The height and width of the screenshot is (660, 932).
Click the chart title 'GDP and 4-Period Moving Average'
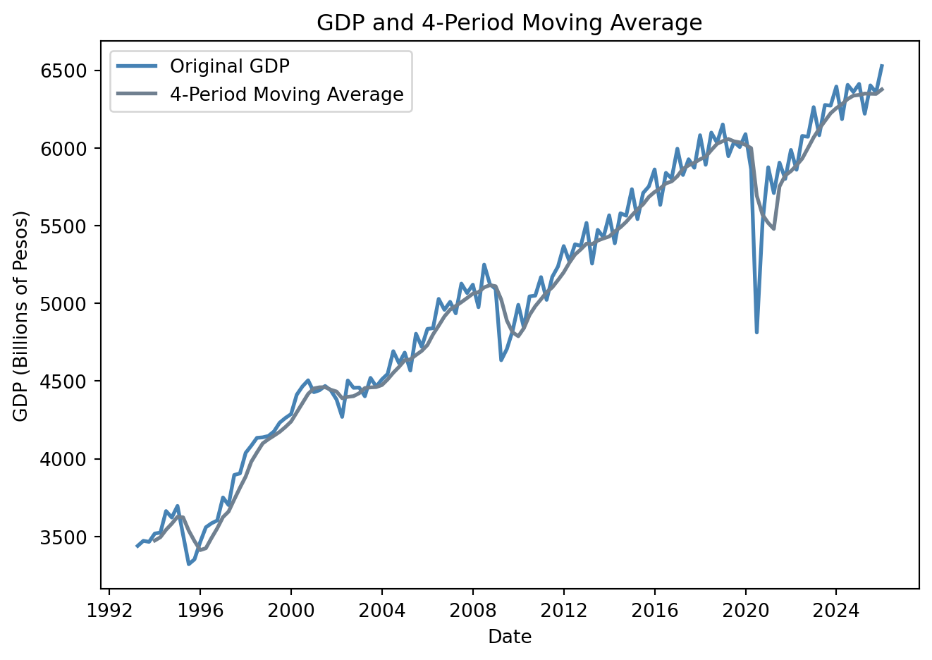click(x=509, y=23)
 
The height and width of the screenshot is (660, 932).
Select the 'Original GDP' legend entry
click(x=230, y=66)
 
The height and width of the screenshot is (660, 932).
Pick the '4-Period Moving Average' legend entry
click(x=287, y=94)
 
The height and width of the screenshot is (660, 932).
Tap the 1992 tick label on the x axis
click(x=109, y=609)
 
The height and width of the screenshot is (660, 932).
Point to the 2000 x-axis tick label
click(x=290, y=609)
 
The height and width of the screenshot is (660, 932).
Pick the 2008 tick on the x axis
click(x=472, y=609)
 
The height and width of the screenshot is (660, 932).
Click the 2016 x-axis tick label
click(x=654, y=609)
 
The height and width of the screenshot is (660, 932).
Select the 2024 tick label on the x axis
click(x=836, y=609)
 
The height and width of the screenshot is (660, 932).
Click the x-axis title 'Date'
click(x=509, y=637)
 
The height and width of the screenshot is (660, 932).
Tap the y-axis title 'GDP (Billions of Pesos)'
click(x=20, y=315)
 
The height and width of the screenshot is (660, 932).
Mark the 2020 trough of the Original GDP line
click(x=756, y=332)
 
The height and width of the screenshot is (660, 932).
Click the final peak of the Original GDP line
click(x=882, y=66)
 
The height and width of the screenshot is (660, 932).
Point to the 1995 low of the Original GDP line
click(x=188, y=564)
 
